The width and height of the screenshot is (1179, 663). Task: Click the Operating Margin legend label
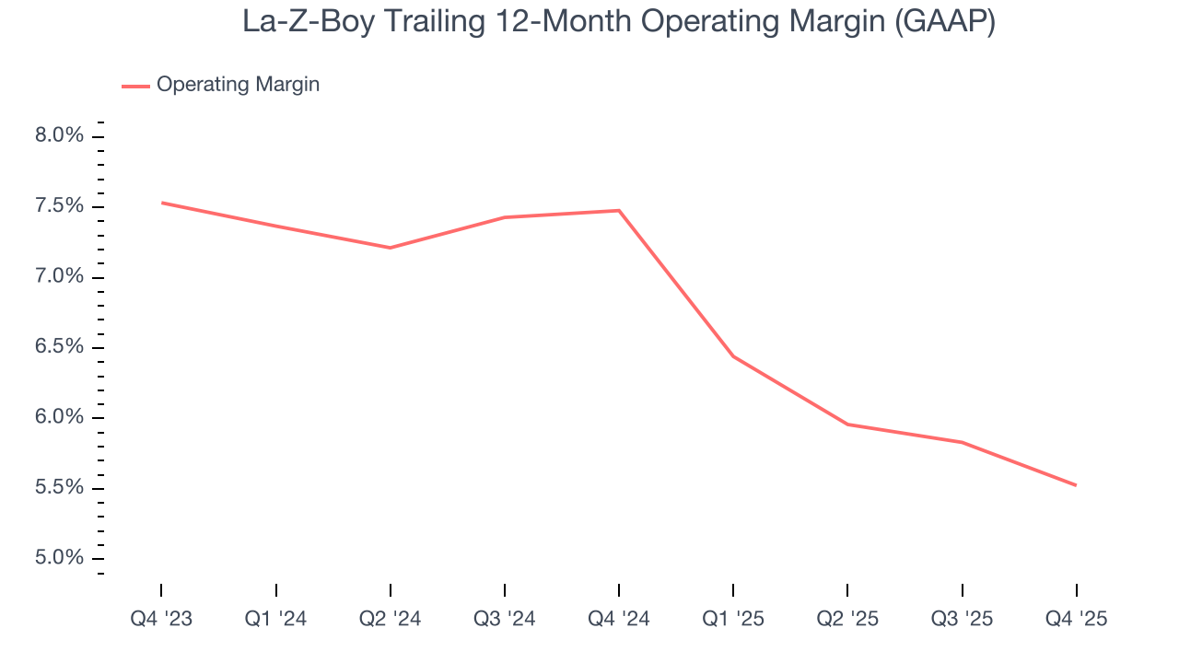pyautogui.click(x=238, y=85)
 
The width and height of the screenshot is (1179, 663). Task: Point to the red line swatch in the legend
pyautogui.click(x=135, y=86)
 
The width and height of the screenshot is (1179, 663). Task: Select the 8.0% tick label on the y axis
pyautogui.click(x=60, y=136)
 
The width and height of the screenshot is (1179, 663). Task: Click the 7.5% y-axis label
pyautogui.click(x=60, y=206)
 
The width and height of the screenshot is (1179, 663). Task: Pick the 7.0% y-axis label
pyautogui.click(x=60, y=277)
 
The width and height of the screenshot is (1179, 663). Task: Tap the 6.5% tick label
pyautogui.click(x=60, y=347)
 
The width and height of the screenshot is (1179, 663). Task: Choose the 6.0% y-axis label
pyautogui.click(x=60, y=418)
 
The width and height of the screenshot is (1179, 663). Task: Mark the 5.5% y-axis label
pyautogui.click(x=60, y=488)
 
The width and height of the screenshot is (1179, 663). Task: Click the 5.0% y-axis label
pyautogui.click(x=60, y=559)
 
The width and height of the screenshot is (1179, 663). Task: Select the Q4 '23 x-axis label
pyautogui.click(x=161, y=619)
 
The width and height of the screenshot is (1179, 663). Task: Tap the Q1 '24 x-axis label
pyautogui.click(x=275, y=619)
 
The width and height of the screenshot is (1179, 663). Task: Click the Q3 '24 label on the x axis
pyautogui.click(x=504, y=619)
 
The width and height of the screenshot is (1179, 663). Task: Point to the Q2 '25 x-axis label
pyautogui.click(x=847, y=619)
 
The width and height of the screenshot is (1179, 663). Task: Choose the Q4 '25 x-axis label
pyautogui.click(x=1076, y=619)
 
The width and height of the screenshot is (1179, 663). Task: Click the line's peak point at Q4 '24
pyautogui.click(x=619, y=211)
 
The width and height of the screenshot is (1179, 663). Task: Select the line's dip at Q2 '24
pyautogui.click(x=391, y=248)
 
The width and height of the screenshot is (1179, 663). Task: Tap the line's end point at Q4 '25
pyautogui.click(x=1076, y=485)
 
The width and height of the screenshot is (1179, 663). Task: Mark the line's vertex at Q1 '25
pyautogui.click(x=733, y=355)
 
